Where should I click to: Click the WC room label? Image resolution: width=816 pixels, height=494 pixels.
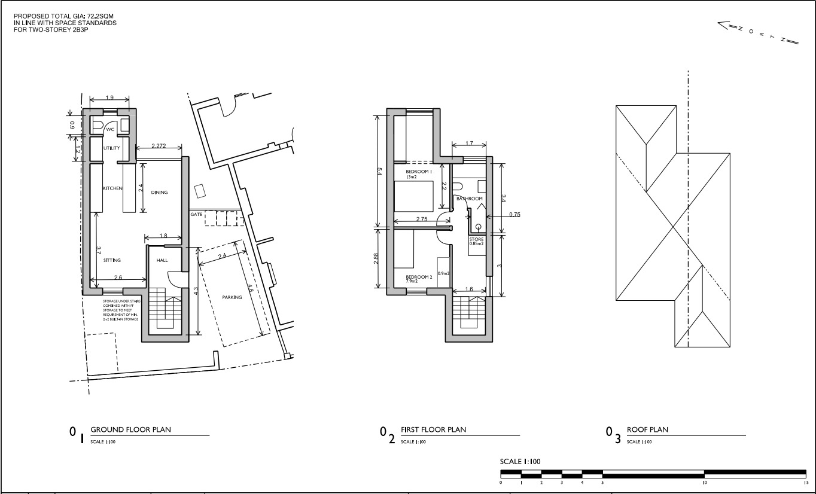pyautogui.click(x=110, y=129)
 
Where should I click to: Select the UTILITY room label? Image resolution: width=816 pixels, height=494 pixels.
pyautogui.click(x=111, y=148)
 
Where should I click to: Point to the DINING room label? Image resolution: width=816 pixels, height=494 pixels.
pyautogui.click(x=159, y=193)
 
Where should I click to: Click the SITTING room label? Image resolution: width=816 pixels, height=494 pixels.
pyautogui.click(x=112, y=260)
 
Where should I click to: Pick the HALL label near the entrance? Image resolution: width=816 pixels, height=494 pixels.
pyautogui.click(x=162, y=261)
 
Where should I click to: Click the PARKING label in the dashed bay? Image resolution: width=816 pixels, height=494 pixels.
pyautogui.click(x=232, y=297)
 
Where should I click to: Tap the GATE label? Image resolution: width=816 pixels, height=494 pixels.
pyautogui.click(x=196, y=214)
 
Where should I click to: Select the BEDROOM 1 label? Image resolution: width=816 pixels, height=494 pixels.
pyautogui.click(x=419, y=172)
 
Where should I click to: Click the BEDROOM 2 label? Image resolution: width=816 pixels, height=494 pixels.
pyautogui.click(x=419, y=277)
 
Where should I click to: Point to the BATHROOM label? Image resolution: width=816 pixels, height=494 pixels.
pyautogui.click(x=469, y=199)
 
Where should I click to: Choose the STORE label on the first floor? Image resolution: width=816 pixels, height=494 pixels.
pyautogui.click(x=476, y=240)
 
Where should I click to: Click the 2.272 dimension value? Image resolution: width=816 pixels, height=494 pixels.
pyautogui.click(x=159, y=146)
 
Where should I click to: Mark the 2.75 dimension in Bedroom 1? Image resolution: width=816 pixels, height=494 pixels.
pyautogui.click(x=421, y=219)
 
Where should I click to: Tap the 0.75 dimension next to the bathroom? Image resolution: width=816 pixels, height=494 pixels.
pyautogui.click(x=514, y=214)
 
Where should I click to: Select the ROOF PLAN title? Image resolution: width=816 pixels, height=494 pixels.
pyautogui.click(x=647, y=429)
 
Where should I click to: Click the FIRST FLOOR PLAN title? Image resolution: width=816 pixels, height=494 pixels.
pyautogui.click(x=433, y=429)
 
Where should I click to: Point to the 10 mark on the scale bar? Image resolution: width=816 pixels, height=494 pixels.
pyautogui.click(x=705, y=482)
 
